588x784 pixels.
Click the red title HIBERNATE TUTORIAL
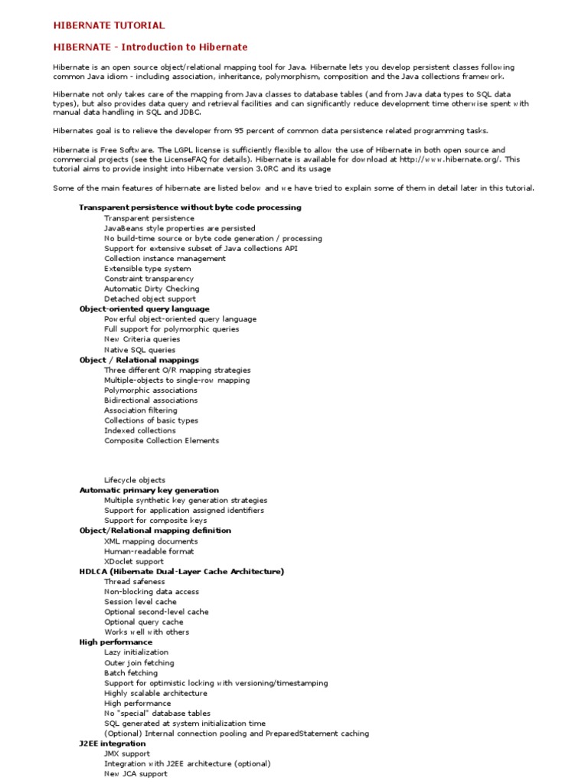(x=109, y=26)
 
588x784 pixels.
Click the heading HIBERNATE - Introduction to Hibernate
(x=150, y=47)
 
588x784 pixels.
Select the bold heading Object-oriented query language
(x=144, y=309)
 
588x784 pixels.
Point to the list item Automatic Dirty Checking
(x=152, y=289)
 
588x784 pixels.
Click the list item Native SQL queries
(x=139, y=350)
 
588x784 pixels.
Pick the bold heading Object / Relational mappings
(x=139, y=360)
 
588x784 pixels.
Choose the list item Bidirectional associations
(x=151, y=400)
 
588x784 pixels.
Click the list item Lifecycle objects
(x=135, y=481)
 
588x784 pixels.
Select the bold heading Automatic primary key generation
(x=149, y=491)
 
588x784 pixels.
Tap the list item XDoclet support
(x=134, y=561)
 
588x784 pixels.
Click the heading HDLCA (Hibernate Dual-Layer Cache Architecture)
(x=181, y=571)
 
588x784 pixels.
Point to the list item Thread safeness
(x=135, y=582)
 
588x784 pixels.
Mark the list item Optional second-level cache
(x=156, y=612)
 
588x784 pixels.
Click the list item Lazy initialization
(x=136, y=652)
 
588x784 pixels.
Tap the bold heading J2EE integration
(x=112, y=743)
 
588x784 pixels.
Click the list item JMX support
(x=128, y=753)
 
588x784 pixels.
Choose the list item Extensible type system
(x=148, y=269)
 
